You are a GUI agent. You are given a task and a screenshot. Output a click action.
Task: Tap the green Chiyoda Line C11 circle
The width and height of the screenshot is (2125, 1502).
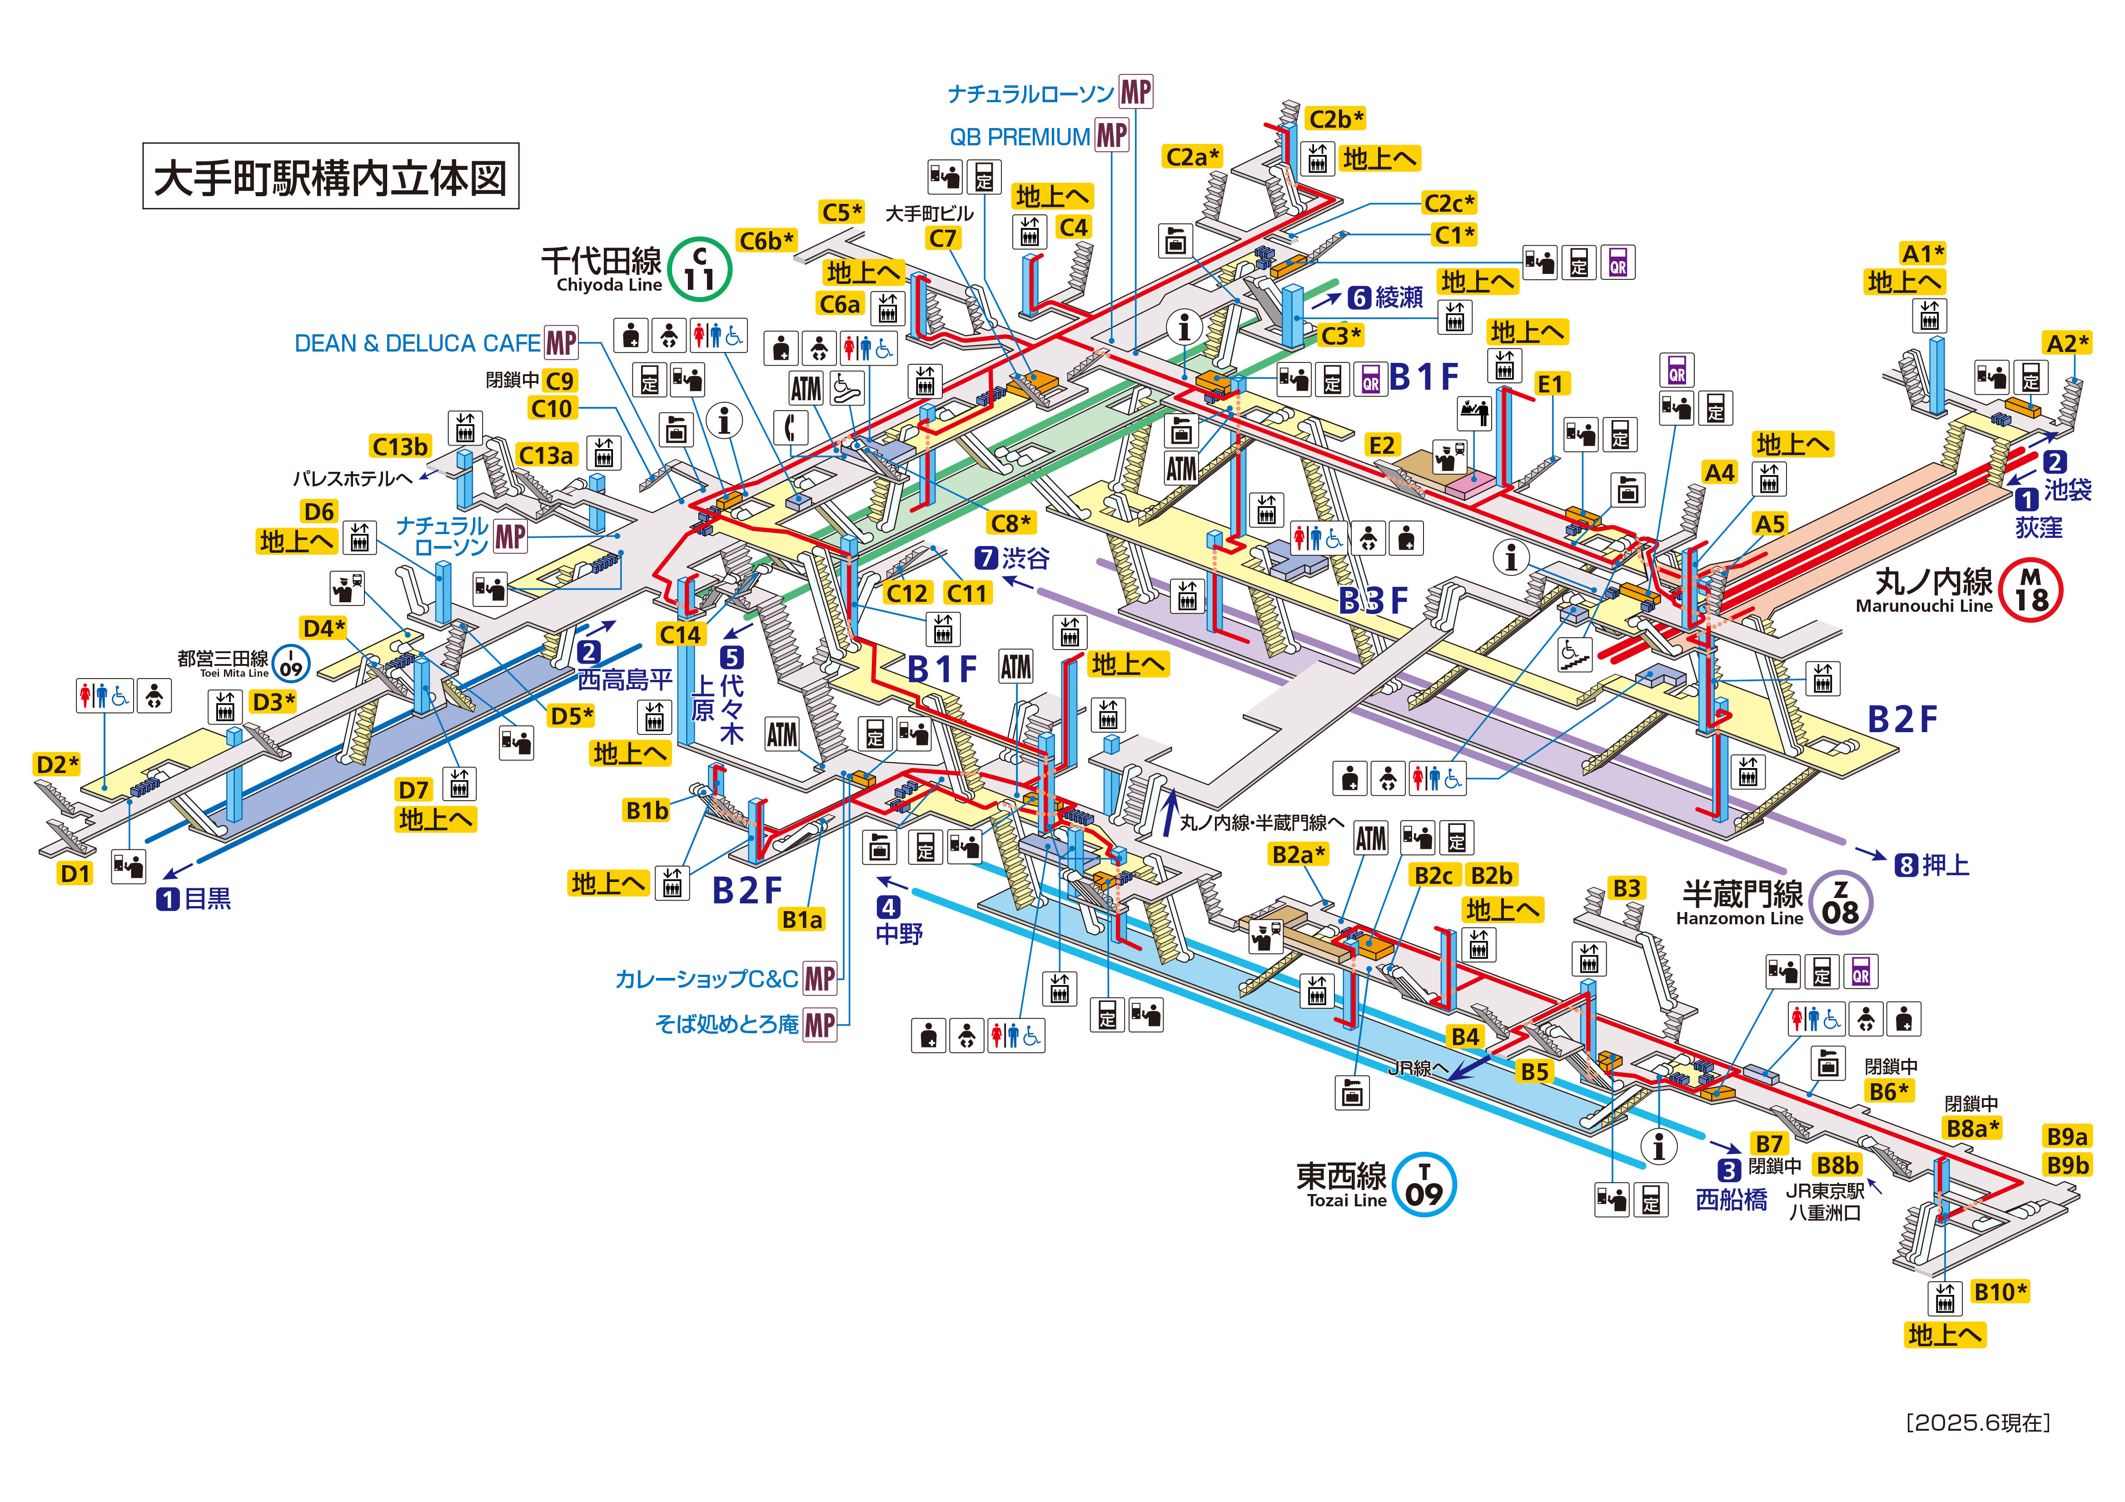700,269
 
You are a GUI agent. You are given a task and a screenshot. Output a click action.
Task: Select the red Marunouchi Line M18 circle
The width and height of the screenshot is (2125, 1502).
2031,590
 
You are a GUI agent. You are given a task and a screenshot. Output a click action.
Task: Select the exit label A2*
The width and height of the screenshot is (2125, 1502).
2067,343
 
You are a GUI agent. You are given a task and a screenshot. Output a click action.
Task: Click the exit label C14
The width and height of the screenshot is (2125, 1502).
680,634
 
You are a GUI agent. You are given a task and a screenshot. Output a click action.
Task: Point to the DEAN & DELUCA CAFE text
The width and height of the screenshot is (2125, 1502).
417,343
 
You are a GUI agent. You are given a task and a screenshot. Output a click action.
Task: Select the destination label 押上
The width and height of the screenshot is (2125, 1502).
1946,865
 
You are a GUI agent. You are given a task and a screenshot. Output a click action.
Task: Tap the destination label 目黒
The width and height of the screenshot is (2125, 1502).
207,898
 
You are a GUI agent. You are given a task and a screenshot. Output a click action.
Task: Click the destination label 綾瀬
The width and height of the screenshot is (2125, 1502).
1398,297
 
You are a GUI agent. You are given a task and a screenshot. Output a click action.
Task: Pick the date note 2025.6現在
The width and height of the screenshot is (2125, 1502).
1978,1423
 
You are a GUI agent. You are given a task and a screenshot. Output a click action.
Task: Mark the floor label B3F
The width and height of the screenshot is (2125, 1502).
1374,600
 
